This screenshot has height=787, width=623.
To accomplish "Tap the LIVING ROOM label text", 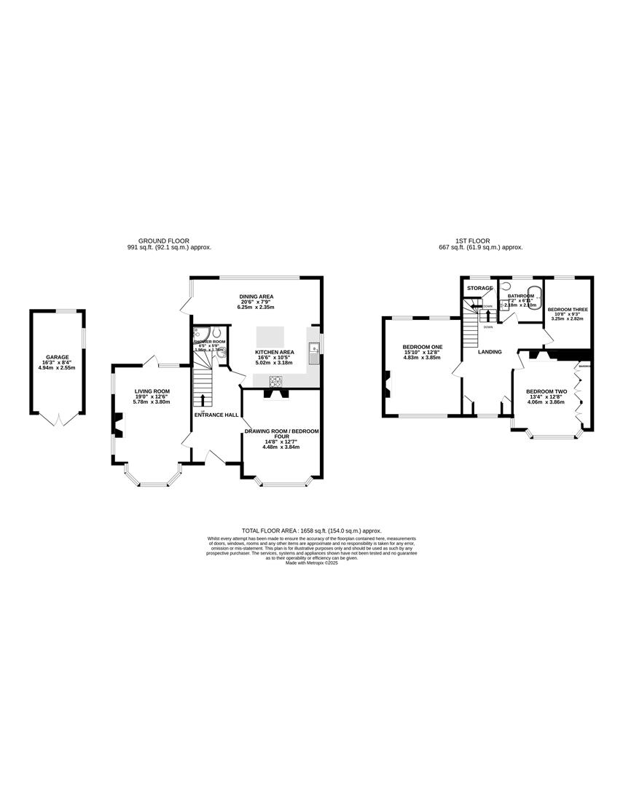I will (x=152, y=391).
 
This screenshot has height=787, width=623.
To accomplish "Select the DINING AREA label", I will (x=256, y=297).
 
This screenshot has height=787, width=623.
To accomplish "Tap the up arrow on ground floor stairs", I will (x=203, y=399).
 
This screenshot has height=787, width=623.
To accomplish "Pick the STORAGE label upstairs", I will (x=480, y=289).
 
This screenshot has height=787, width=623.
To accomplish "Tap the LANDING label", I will (x=489, y=352).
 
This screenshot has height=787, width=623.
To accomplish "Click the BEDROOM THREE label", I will (x=568, y=310).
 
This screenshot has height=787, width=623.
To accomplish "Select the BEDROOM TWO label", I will (x=546, y=391).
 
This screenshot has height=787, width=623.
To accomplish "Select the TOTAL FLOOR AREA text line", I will (x=311, y=531).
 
